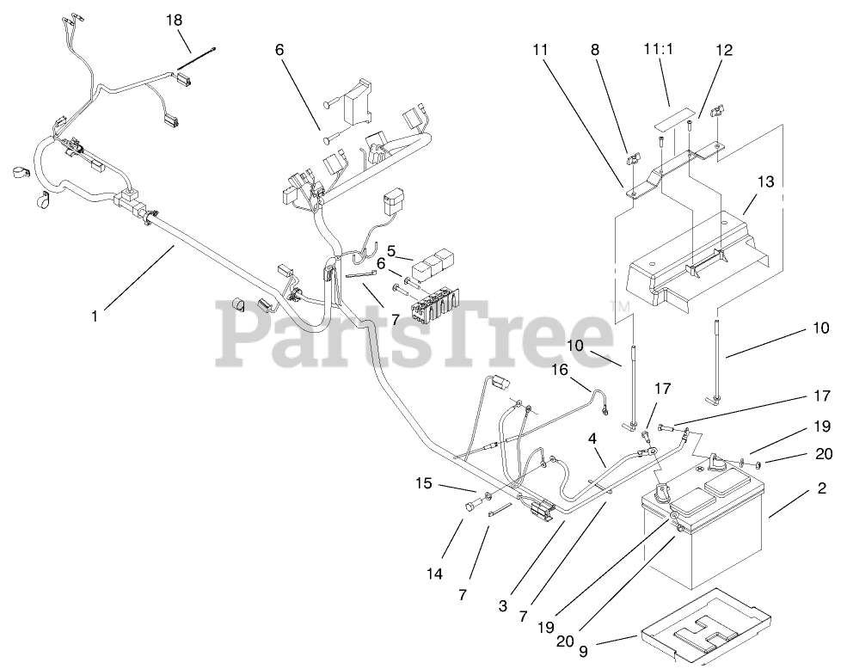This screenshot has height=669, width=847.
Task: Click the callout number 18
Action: (174, 20)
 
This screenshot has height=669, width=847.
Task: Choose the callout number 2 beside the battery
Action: (821, 488)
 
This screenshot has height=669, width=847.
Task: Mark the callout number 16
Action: (560, 370)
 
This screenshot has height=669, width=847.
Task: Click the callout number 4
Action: (592, 437)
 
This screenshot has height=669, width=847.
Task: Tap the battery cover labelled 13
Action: (697, 258)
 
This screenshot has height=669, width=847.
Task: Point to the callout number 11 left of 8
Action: (539, 51)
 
